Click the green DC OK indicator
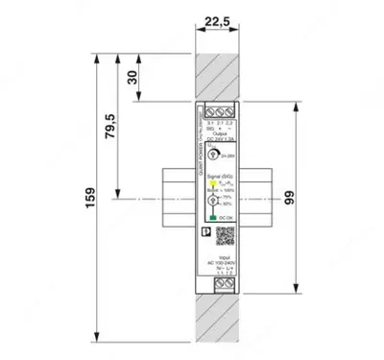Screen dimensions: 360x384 (208, 219)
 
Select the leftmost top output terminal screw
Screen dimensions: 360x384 (207, 108)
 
